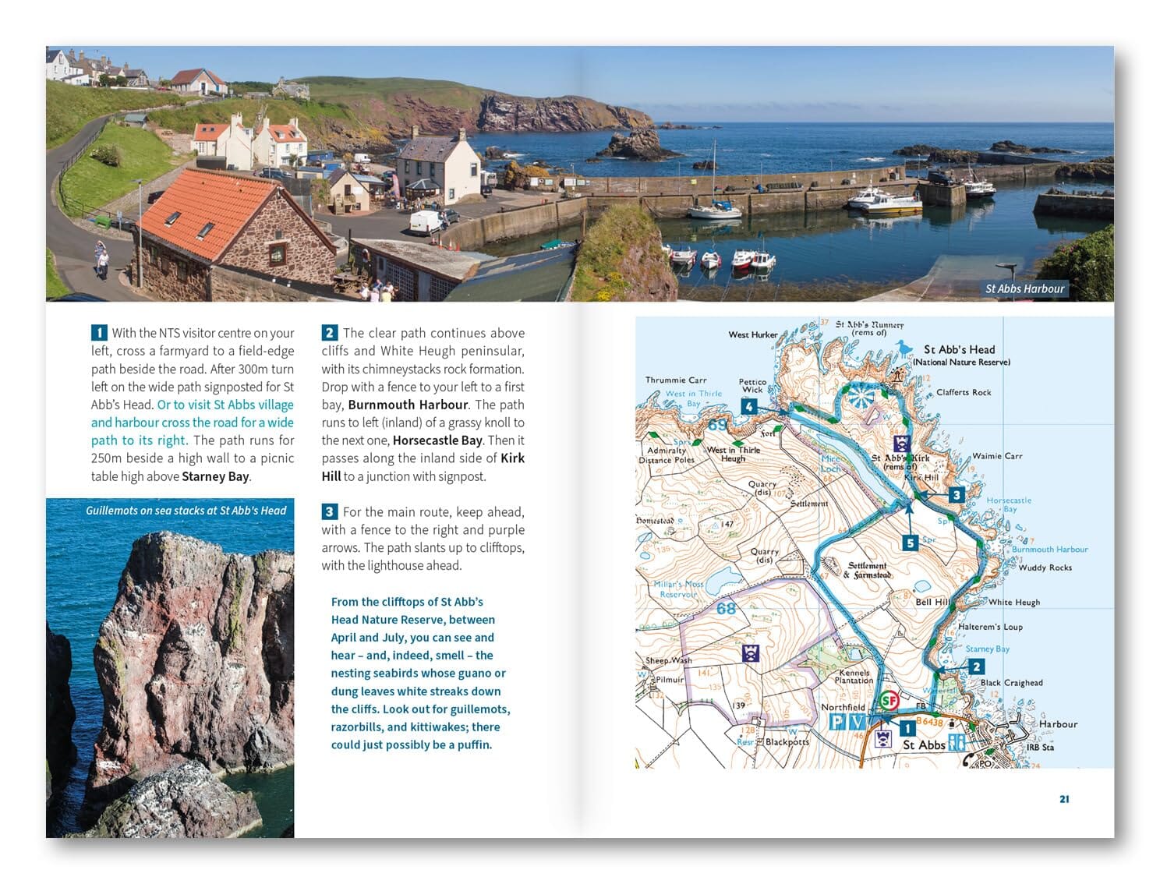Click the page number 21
(x=1064, y=799)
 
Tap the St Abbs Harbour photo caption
(x=1024, y=288)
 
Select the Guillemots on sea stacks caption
(x=186, y=511)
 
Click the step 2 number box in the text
(x=330, y=333)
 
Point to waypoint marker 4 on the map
(x=748, y=406)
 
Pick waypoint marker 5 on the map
(x=910, y=543)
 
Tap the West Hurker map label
(x=753, y=334)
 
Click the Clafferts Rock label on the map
(x=964, y=392)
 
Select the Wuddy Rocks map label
(x=1045, y=568)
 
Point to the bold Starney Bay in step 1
(x=215, y=476)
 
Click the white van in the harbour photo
(x=425, y=222)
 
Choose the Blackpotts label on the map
(x=787, y=741)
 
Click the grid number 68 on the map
(x=726, y=608)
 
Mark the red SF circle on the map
(x=889, y=701)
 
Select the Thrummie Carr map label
(x=676, y=380)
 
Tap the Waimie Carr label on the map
(x=997, y=456)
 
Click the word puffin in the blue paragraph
(x=474, y=744)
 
